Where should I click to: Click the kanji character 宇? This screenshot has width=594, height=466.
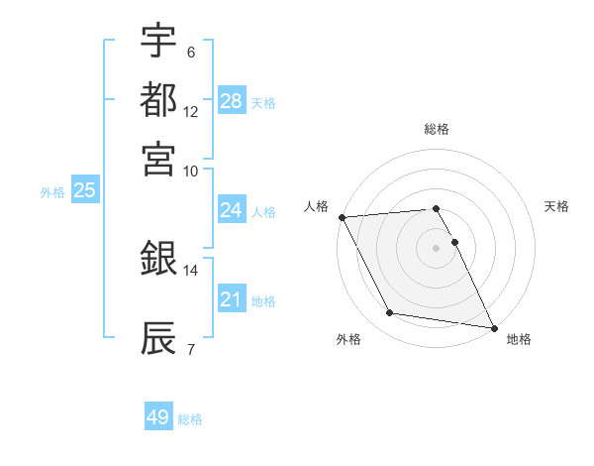point(158,41)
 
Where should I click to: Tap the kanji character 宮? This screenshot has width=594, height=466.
point(158,159)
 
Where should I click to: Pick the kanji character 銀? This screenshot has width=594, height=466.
point(158,260)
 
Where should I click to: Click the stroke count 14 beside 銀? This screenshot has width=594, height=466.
point(191,270)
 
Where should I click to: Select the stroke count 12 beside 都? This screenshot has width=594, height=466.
point(191,111)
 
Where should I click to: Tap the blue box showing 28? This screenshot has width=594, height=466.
point(232,101)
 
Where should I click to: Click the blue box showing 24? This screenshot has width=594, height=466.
point(232,210)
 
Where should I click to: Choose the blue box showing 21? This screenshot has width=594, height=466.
point(232,299)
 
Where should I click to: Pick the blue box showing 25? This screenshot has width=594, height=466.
point(84,190)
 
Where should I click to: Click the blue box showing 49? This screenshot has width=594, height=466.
point(158,417)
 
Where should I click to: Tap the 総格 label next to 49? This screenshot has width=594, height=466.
point(191,419)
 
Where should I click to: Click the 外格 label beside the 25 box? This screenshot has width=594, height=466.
point(52,192)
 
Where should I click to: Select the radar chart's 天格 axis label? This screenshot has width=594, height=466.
point(556,206)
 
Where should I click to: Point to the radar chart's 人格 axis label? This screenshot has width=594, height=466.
point(317,206)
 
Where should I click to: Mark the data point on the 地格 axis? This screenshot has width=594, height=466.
point(493,326)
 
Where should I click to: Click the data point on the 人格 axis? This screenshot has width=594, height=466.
point(342,217)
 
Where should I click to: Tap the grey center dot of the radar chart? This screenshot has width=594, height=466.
point(436,247)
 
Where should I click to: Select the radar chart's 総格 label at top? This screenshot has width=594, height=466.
point(437,129)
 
